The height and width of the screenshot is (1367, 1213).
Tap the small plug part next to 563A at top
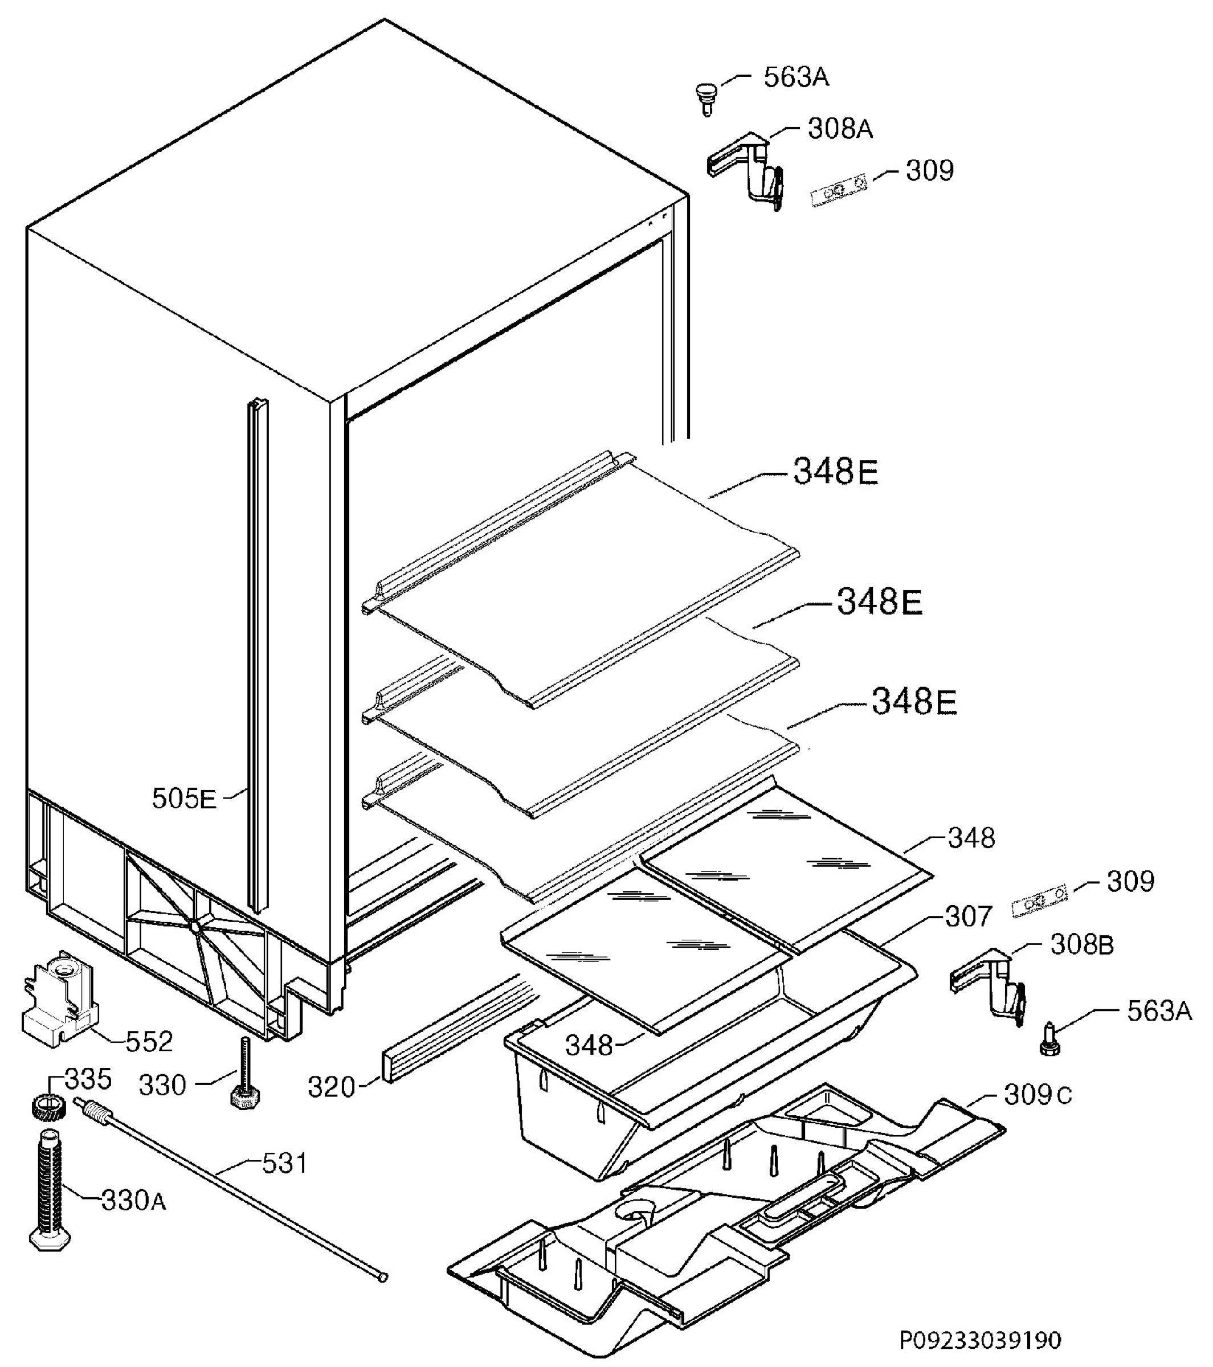point(705,97)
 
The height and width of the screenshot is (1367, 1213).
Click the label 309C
point(1038,1095)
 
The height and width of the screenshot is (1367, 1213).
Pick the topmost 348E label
point(835,472)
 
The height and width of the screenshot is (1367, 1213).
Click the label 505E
point(184,799)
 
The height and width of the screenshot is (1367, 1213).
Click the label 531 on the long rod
point(284,1164)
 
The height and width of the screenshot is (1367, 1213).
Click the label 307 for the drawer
point(968,916)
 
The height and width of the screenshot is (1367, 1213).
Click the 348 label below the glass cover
point(589,1045)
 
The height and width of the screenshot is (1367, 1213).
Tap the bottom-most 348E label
point(913,702)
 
